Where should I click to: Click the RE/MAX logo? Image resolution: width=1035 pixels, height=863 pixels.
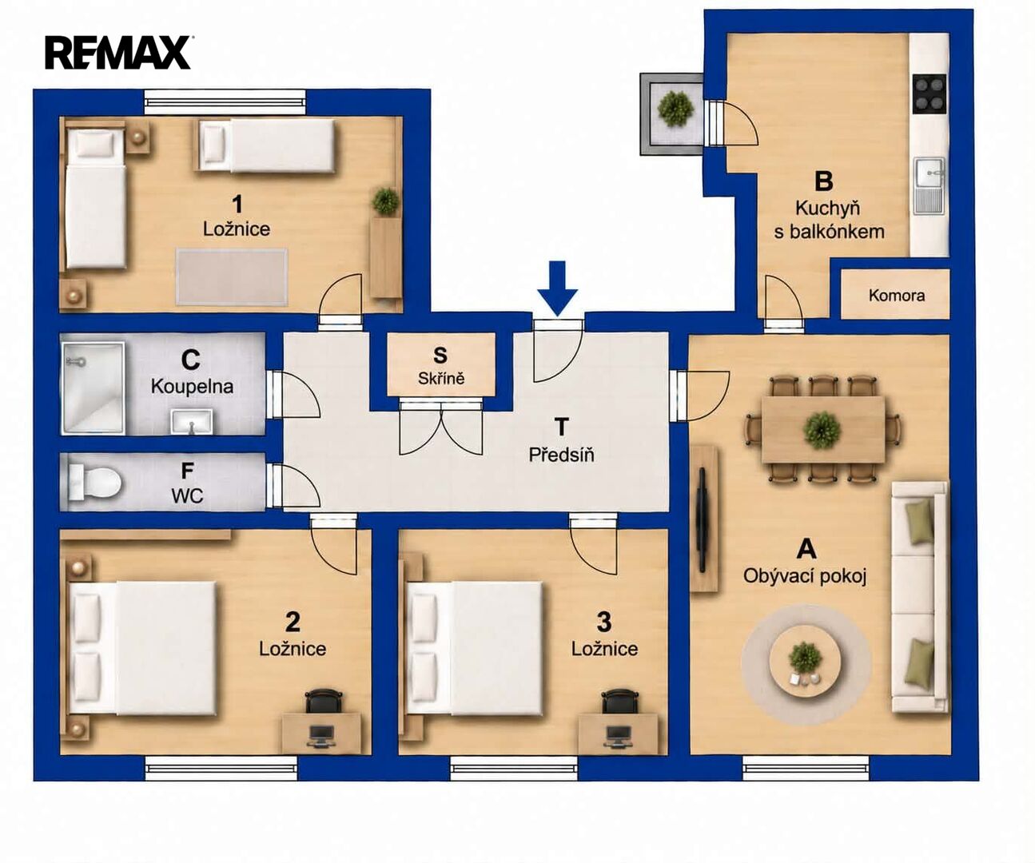[x=118, y=53]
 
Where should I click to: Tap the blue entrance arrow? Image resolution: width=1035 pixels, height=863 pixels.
[x=558, y=288]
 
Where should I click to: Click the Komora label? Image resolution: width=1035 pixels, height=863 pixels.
[x=896, y=296]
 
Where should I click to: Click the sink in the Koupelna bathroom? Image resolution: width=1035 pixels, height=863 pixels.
[x=192, y=422]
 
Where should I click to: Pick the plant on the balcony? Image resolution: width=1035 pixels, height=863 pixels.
[x=675, y=110]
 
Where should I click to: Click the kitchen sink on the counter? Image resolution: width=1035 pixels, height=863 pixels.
[x=929, y=185]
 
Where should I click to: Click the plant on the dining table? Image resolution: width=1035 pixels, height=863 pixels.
[x=822, y=429]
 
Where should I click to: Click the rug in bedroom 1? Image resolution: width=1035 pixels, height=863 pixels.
[x=232, y=276]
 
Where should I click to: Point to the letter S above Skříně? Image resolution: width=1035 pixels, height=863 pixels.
[x=440, y=356]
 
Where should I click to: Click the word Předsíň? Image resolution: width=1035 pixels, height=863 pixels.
[x=561, y=455]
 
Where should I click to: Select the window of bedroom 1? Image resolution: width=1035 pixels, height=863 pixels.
[x=225, y=102]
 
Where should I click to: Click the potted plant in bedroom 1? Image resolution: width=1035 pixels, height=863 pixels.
[x=386, y=201]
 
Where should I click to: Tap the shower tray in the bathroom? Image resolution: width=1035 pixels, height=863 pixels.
[x=94, y=388]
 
